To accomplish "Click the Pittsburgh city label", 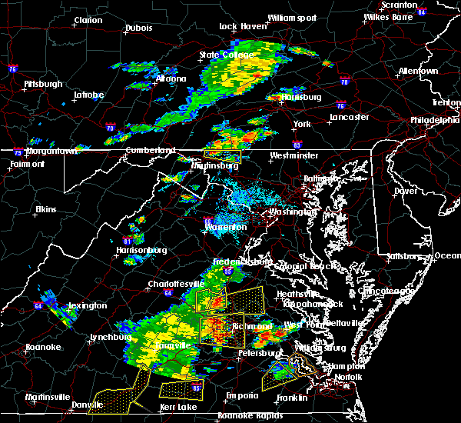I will tap(43, 83).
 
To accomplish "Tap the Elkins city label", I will tap(46, 209).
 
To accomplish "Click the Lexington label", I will tap(87, 305).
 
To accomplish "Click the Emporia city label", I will tap(241, 395).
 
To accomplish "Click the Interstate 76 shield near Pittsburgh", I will tap(12, 70).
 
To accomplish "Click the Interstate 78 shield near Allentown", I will tap(344, 82).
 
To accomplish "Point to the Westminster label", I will tap(294, 155).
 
